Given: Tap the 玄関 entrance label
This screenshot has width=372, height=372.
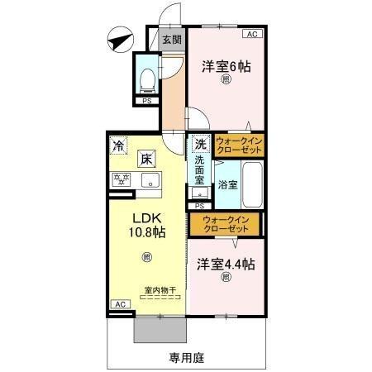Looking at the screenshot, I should (172, 39).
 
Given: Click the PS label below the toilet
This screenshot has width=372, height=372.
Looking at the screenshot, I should (147, 102).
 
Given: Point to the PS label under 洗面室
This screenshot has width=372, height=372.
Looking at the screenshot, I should (199, 204).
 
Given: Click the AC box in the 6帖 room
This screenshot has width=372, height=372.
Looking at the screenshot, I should (252, 34).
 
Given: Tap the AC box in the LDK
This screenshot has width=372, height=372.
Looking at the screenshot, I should (120, 304).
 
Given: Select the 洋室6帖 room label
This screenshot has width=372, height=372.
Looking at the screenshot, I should (227, 67).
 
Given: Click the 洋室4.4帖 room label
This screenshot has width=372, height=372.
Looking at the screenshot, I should (225, 265).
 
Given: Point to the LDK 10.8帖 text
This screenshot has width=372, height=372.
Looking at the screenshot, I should (145, 227).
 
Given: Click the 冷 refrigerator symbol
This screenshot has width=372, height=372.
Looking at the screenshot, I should (119, 144).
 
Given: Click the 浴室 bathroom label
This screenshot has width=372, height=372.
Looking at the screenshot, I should (228, 184).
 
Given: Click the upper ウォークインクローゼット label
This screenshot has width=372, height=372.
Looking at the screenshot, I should (239, 146).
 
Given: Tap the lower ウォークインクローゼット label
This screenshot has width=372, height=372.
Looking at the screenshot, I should (225, 223).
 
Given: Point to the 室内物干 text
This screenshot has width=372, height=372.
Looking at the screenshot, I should (159, 289).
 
